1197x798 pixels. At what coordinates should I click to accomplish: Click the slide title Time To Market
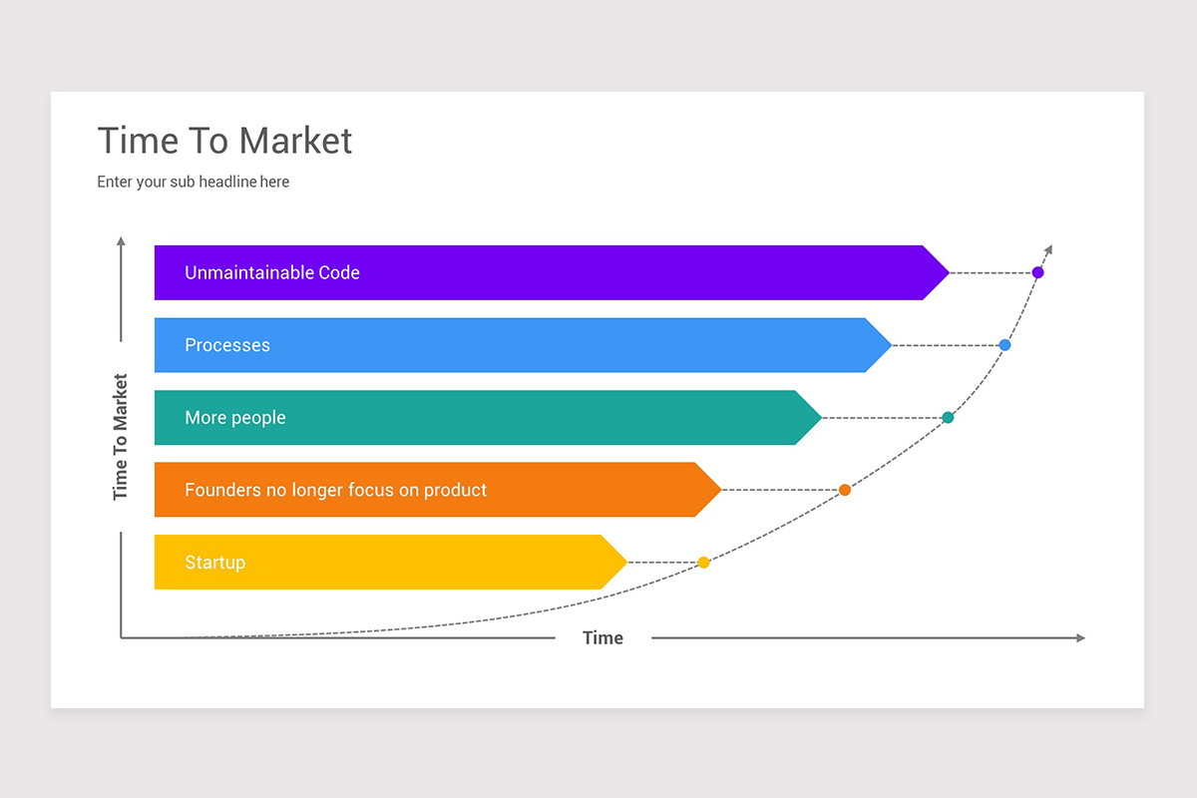point(224,141)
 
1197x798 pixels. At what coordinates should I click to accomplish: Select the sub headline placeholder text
point(193,183)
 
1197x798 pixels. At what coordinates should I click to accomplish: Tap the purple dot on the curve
point(1037,272)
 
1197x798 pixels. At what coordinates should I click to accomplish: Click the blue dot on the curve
point(1004,345)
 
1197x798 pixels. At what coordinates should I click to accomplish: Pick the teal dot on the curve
point(948,418)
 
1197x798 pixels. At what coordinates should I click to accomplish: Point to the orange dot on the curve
point(845,490)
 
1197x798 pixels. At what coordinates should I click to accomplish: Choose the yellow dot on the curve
point(703,563)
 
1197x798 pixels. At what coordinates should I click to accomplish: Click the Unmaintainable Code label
point(271,272)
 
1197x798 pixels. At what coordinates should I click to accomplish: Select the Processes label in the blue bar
point(227,345)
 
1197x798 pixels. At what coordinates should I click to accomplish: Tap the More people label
point(235,418)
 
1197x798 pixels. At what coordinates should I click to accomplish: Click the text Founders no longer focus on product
point(335,490)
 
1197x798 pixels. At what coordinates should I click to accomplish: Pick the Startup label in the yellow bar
point(214,563)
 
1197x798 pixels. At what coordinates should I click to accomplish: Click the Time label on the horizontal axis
point(602,638)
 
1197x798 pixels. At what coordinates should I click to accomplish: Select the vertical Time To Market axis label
point(121,437)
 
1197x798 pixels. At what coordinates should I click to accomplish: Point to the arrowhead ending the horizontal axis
point(1080,637)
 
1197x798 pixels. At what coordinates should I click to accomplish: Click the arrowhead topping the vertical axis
point(121,241)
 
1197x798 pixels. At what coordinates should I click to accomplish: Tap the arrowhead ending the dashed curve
point(1048,249)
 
